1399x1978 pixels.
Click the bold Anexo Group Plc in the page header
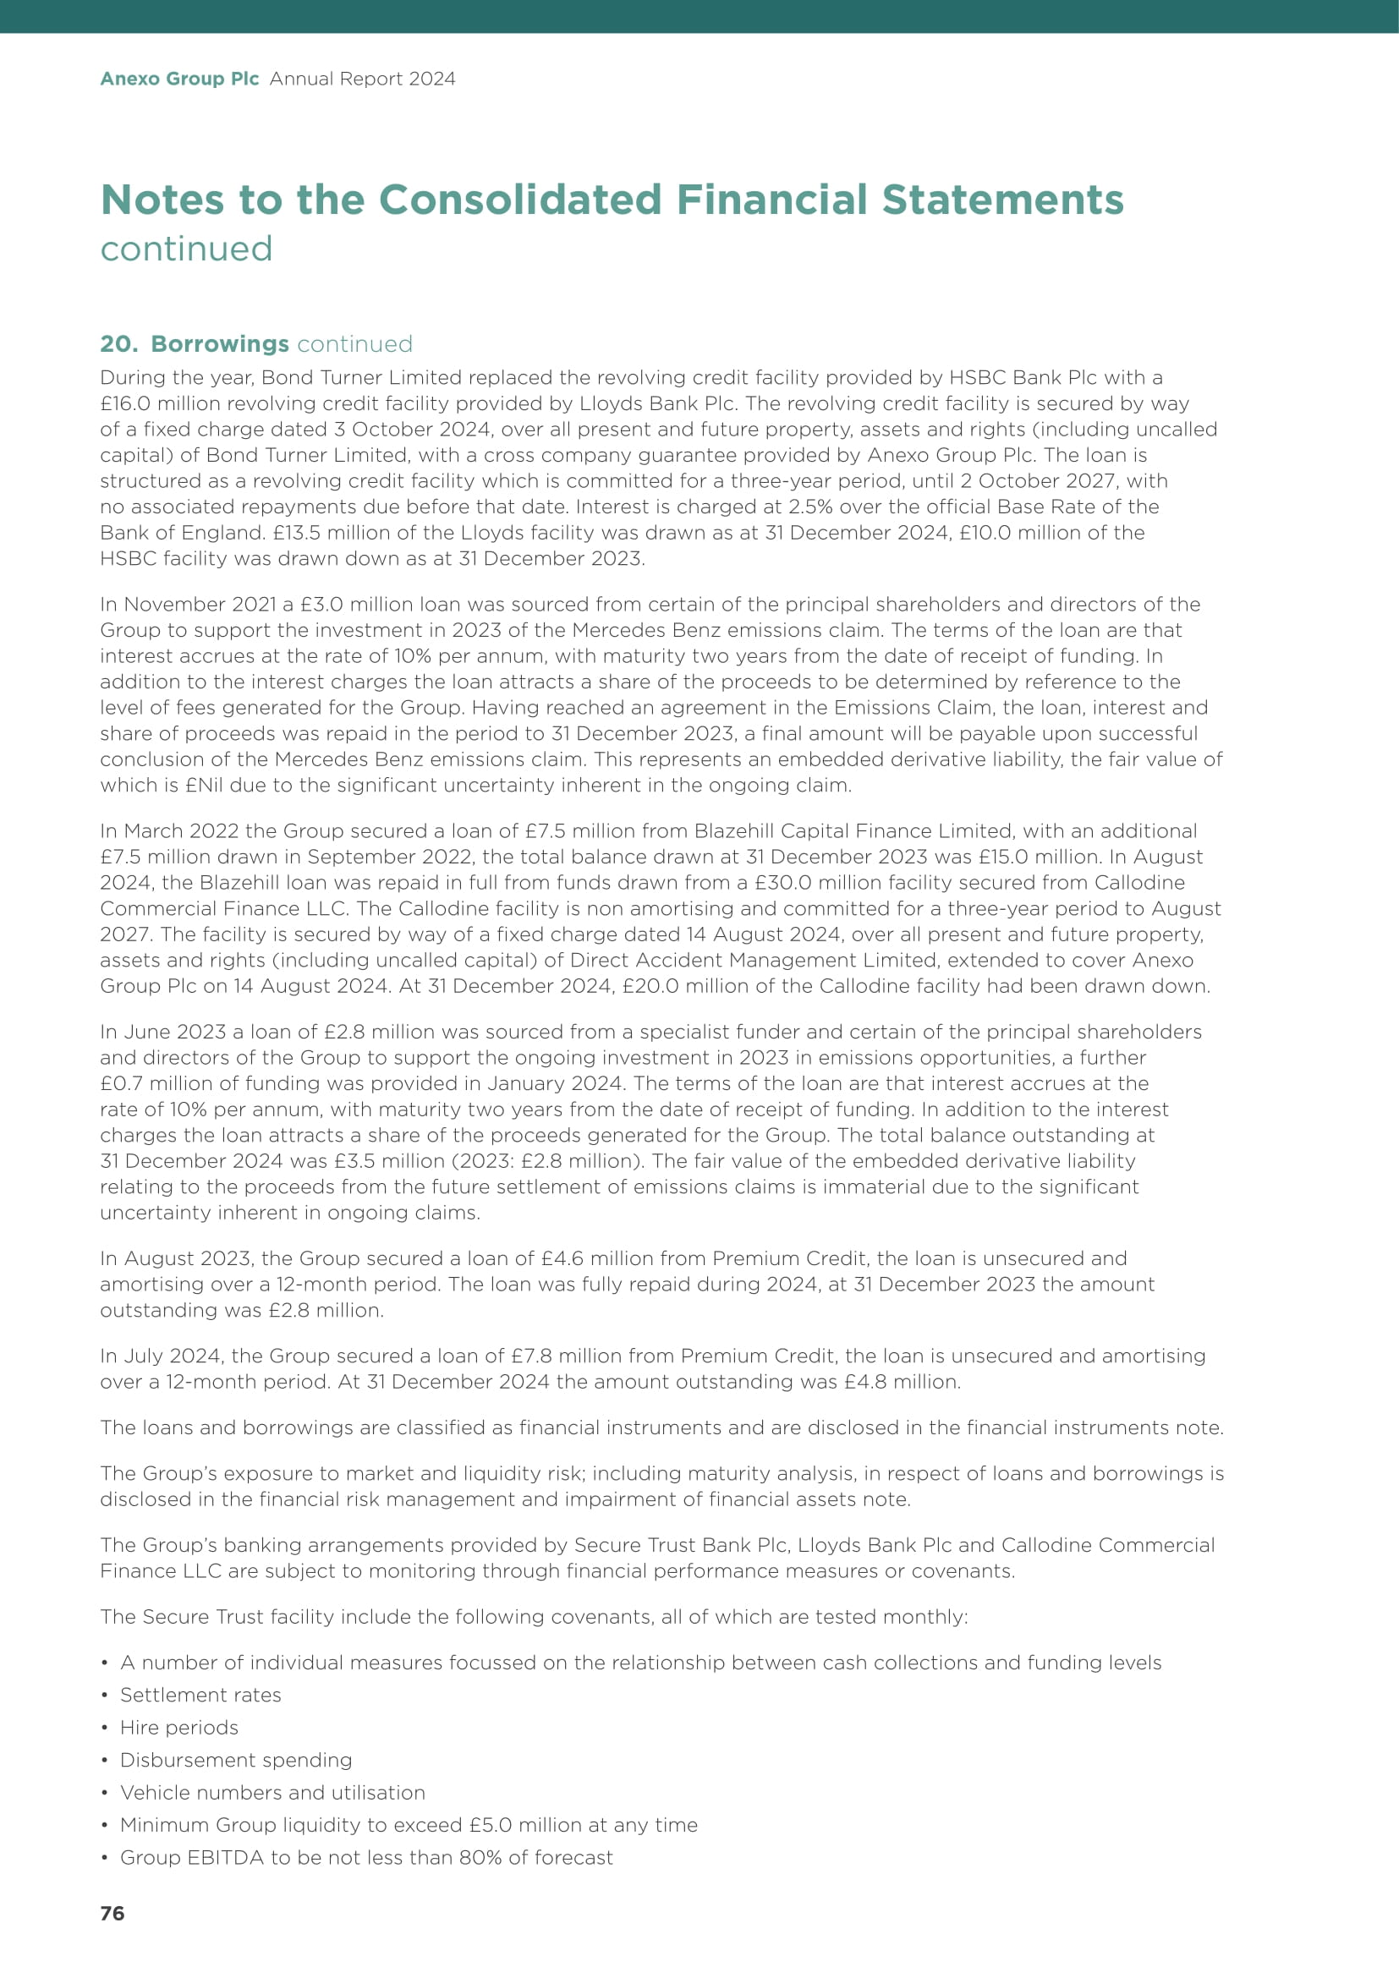tap(179, 79)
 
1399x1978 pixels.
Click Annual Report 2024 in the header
tap(362, 79)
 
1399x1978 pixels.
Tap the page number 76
tap(112, 1914)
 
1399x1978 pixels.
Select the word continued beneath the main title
tap(186, 249)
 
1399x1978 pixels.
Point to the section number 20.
tap(118, 343)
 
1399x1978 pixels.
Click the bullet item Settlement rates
tap(200, 1695)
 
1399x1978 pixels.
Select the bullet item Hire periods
tap(179, 1728)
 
